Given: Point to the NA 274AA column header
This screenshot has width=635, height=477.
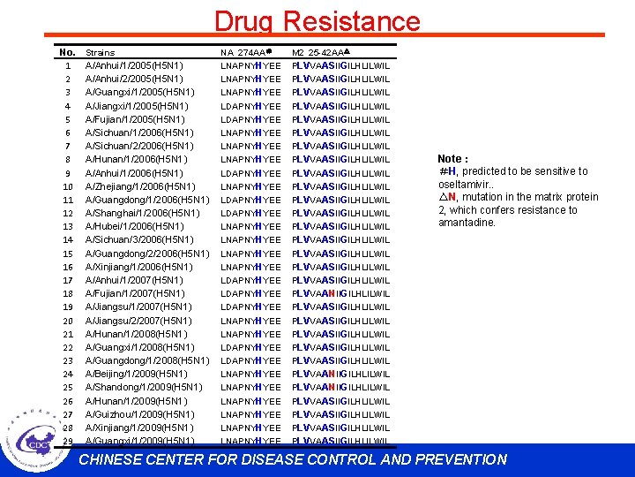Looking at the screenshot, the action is pyautogui.click(x=247, y=53).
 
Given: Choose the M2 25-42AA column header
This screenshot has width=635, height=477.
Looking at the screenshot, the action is pyautogui.click(x=322, y=53).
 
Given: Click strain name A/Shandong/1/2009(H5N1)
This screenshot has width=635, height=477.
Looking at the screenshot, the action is pyautogui.click(x=144, y=387).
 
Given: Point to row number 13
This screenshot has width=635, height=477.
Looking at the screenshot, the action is pyautogui.click(x=68, y=226).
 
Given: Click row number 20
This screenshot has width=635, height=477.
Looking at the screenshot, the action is pyautogui.click(x=68, y=321).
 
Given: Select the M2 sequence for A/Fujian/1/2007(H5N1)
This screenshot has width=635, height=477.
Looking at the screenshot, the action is pyautogui.click(x=340, y=293).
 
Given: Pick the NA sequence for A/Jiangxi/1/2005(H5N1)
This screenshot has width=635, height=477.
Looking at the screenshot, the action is pyautogui.click(x=251, y=106).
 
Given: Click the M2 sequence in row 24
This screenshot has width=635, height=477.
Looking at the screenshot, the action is pyautogui.click(x=340, y=374).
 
